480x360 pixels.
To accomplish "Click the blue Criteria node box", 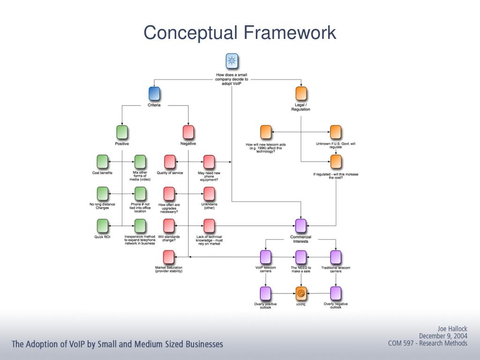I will click(x=154, y=94).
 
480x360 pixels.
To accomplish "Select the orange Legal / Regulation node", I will click(x=301, y=94).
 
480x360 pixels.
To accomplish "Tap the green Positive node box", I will click(x=122, y=132).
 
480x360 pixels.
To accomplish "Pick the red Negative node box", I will click(x=188, y=132).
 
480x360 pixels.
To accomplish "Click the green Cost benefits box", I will click(x=102, y=162).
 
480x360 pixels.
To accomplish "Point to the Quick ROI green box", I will click(x=102, y=226).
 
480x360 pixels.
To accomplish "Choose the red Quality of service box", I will click(x=170, y=162).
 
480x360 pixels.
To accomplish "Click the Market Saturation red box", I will click(x=169, y=257).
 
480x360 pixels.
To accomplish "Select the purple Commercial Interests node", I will click(x=301, y=226).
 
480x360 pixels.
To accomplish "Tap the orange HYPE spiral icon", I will click(x=301, y=294).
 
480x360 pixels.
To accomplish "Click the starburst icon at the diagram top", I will click(x=232, y=61).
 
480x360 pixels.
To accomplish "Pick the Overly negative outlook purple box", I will click(x=336, y=294).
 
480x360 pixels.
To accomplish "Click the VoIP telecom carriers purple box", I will click(x=266, y=257).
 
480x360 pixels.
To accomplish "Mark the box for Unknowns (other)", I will click(x=209, y=194).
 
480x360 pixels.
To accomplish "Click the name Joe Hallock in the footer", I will click(x=452, y=329).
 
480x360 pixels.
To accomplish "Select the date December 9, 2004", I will click(x=443, y=336).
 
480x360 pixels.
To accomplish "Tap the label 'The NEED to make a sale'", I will click(x=301, y=270).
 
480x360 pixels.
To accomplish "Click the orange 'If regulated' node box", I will click(x=336, y=162).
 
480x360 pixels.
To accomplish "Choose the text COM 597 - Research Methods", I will click(x=427, y=343).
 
